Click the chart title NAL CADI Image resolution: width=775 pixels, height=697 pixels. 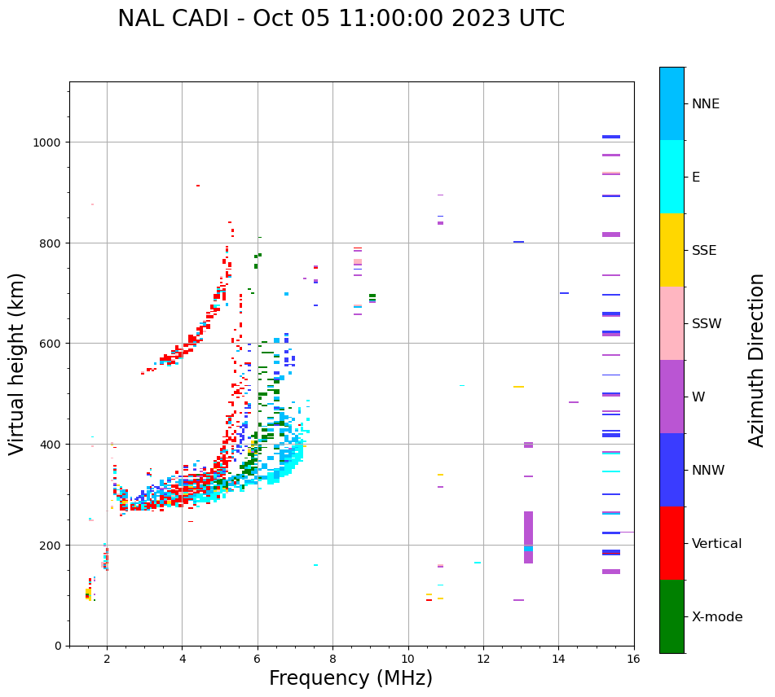(x=341, y=19)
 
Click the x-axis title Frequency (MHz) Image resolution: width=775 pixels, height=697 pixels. (x=350, y=678)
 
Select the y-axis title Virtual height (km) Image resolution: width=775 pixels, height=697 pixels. (x=17, y=363)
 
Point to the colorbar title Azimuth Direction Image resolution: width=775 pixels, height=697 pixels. (x=757, y=360)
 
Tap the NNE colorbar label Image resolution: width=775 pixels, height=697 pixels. (x=706, y=104)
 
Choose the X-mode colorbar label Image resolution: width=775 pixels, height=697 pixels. (x=717, y=617)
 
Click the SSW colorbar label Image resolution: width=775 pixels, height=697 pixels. (x=707, y=324)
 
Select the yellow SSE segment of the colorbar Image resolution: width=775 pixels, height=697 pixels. (x=672, y=250)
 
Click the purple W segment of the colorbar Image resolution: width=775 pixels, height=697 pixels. (x=672, y=397)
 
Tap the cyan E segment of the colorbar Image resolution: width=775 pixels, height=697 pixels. (x=672, y=177)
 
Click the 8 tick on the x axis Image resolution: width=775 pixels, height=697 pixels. (x=332, y=660)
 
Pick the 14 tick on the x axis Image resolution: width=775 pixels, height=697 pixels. (x=558, y=660)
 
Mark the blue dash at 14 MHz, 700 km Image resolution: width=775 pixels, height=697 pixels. (x=564, y=293)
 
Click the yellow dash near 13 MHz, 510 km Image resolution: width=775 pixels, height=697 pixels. (x=518, y=387)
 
